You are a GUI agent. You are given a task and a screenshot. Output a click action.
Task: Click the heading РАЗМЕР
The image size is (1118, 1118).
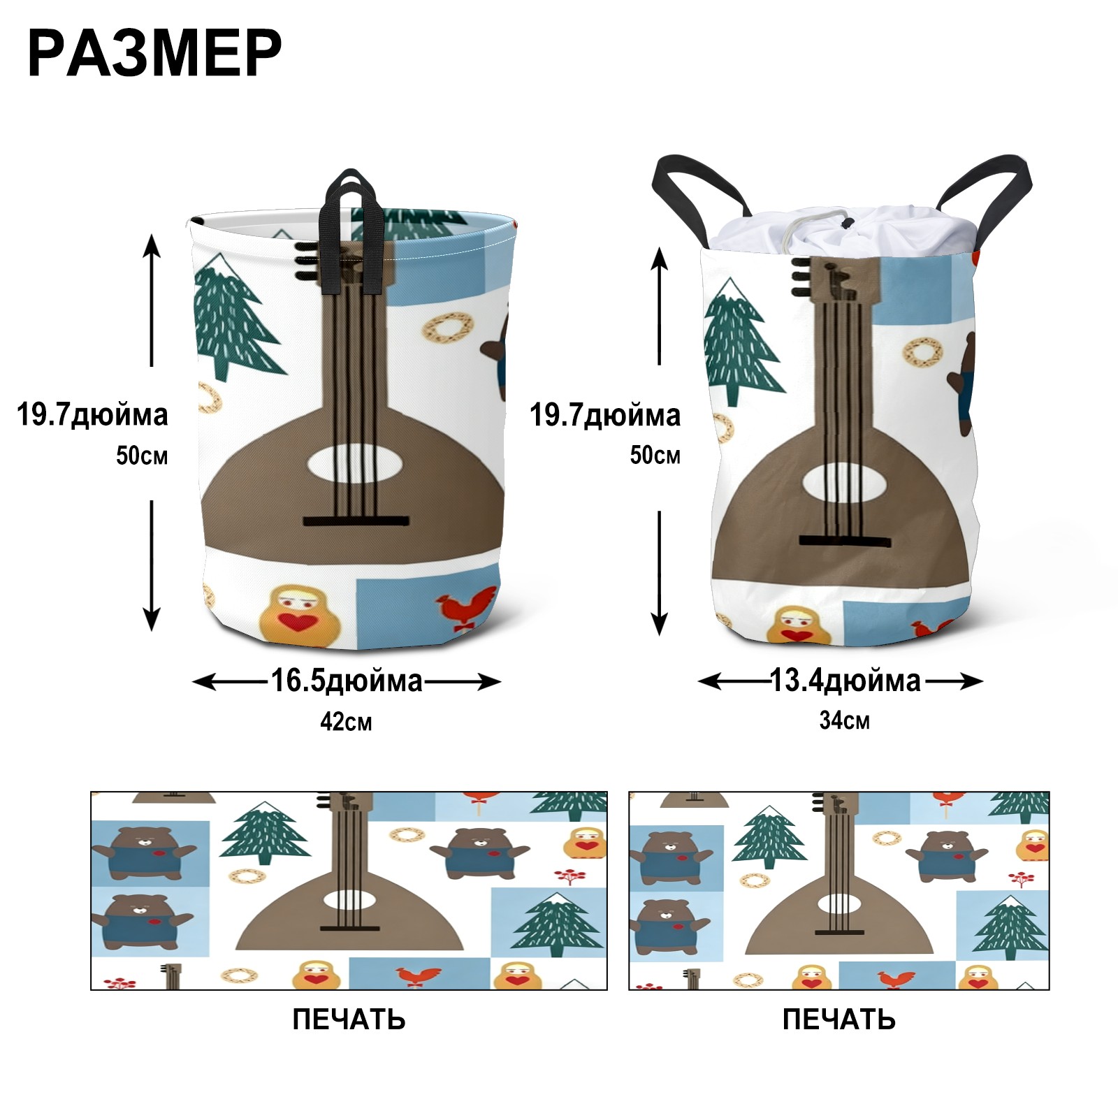pyautogui.click(x=154, y=53)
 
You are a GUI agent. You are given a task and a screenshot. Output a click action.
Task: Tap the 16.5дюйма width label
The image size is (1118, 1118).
pyautogui.click(x=347, y=681)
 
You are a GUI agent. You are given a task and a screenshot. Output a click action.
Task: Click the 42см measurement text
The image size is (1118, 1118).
pyautogui.click(x=346, y=722)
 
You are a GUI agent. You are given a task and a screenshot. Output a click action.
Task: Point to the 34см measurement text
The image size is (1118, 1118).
pyautogui.click(x=845, y=720)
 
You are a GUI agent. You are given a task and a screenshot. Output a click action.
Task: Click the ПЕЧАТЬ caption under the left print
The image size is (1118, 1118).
pyautogui.click(x=349, y=1019)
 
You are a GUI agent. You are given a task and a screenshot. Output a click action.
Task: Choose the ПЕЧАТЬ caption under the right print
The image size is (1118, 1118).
pyautogui.click(x=838, y=1019)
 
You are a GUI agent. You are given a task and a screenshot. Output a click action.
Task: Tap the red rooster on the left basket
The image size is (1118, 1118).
pyautogui.click(x=465, y=608)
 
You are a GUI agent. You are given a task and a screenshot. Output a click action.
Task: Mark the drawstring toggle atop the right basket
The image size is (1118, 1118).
pyautogui.click(x=847, y=224)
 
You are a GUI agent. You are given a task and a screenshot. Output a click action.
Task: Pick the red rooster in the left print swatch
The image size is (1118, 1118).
pyautogui.click(x=418, y=977)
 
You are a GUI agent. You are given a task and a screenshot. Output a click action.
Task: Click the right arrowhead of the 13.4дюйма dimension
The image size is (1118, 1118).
pyautogui.click(x=972, y=681)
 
